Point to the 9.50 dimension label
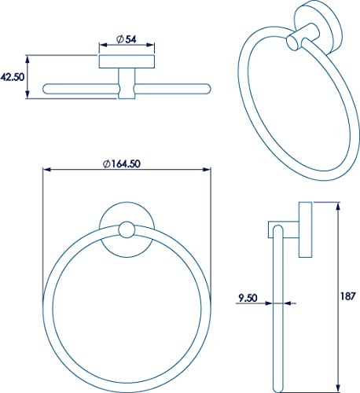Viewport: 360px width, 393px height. click(248, 298)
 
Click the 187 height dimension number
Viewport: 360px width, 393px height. click(347, 297)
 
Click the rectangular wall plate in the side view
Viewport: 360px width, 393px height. click(305, 230)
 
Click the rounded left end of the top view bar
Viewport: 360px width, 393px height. click(48, 86)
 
